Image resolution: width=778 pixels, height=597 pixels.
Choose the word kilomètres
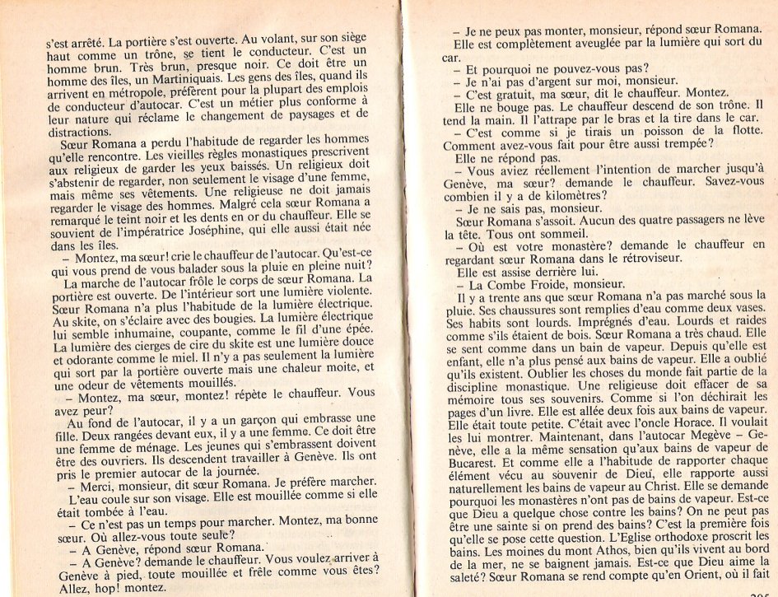(569, 195)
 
